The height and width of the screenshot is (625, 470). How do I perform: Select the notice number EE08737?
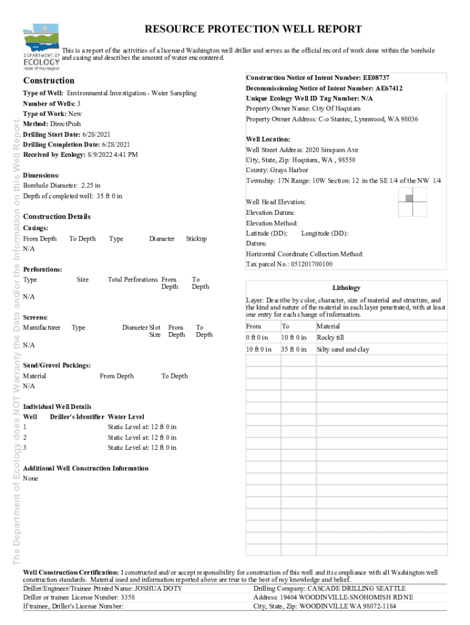[376, 78]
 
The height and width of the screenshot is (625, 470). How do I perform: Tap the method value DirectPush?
[65, 124]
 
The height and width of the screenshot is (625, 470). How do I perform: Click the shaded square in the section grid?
[409, 198]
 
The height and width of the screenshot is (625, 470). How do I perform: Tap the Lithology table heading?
[346, 287]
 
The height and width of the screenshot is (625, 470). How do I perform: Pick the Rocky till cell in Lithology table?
[331, 338]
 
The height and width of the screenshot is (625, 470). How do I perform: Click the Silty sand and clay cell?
[343, 350]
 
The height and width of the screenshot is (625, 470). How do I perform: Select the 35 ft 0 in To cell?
[294, 350]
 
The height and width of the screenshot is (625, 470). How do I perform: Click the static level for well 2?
[142, 438]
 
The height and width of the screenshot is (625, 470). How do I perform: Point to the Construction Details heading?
[56, 217]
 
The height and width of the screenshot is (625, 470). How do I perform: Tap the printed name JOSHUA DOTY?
[158, 588]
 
